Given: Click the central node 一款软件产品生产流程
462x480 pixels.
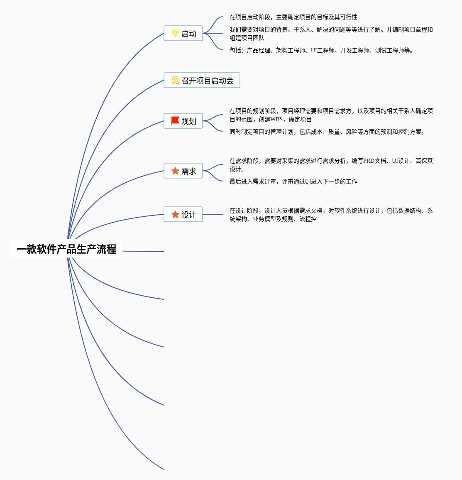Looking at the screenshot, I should pos(66,249).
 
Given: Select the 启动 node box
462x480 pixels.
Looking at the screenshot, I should pos(183,33).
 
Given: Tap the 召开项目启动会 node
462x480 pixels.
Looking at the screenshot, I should pos(202,80).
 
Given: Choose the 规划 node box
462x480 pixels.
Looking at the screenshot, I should pos(183,121).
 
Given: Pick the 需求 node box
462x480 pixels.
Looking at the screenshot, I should pos(183,171).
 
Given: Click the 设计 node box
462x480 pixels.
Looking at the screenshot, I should pos(183,214).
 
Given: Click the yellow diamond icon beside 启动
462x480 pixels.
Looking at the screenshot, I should pos(175,33).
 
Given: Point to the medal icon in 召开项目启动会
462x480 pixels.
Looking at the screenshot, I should pos(175,80).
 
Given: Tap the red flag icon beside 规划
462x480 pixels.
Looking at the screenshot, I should pos(175,120).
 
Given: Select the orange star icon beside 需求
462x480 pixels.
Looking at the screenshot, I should pos(175,171).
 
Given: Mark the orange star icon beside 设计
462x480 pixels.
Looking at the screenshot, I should pos(175,214).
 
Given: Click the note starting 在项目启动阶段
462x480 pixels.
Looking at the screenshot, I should pos(293,17).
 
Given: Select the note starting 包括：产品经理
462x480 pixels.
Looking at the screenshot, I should pos(321,50).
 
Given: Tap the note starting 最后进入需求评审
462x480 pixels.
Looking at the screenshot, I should pos(293,181).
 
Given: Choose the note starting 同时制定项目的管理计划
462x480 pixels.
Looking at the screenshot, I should pos(327,132).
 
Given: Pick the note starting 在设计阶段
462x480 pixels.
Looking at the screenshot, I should pos(331,215).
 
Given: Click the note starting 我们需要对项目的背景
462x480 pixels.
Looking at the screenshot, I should pos(331,34).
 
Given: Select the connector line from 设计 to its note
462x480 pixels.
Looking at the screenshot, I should pos(213,214).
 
